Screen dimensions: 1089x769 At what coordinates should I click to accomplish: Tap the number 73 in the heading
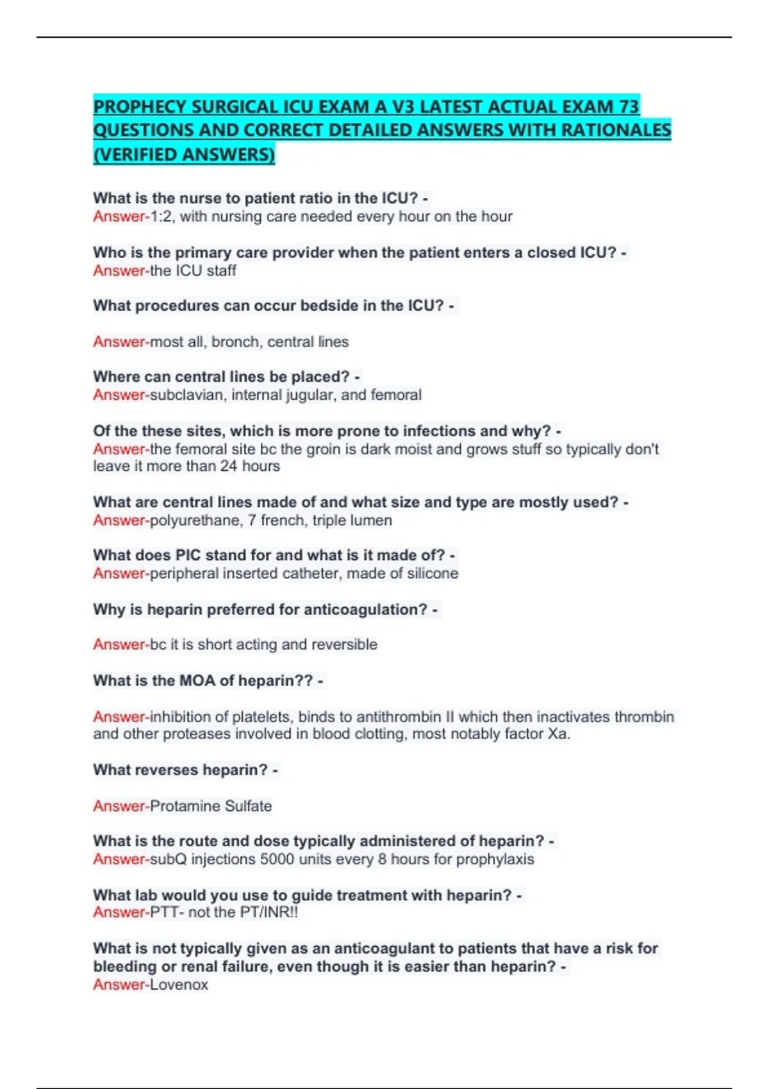(629, 106)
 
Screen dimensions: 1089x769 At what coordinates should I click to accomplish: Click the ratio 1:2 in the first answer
(161, 217)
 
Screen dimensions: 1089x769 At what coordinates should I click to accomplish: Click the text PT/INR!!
(269, 912)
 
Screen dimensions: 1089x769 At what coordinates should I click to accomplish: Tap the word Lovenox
(179, 985)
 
